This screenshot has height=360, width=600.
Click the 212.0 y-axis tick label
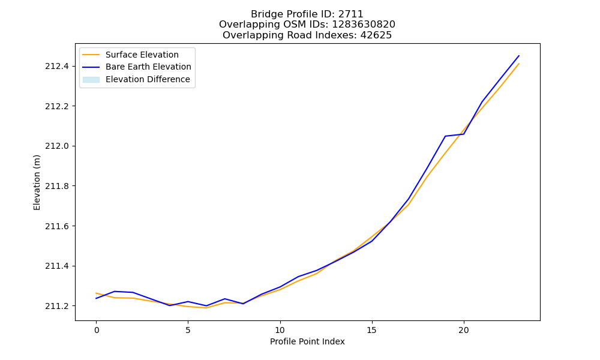(x=57, y=146)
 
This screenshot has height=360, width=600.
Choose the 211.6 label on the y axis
(x=57, y=226)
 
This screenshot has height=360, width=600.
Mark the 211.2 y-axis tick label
(x=57, y=306)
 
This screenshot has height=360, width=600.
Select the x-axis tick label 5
(x=188, y=330)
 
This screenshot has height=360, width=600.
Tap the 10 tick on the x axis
(x=280, y=330)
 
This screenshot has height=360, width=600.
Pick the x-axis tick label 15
(x=372, y=330)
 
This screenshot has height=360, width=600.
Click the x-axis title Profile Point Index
(x=307, y=341)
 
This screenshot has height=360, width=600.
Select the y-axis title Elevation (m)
(x=37, y=182)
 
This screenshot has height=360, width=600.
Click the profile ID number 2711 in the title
(x=351, y=14)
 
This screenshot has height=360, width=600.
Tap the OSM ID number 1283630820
(x=364, y=25)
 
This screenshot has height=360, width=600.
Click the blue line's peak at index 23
(x=519, y=56)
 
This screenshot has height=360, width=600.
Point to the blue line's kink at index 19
(x=445, y=136)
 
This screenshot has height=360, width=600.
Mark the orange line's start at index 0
(x=96, y=293)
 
